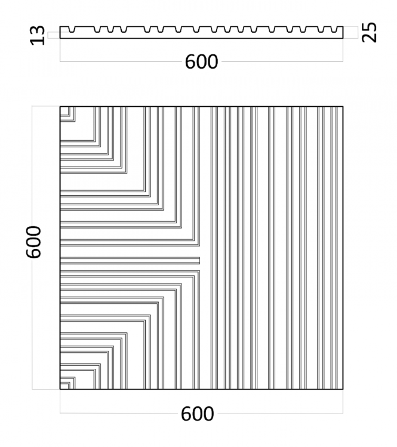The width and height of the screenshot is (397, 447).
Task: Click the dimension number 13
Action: coord(38,35)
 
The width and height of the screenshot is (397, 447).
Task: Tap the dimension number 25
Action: coord(369,32)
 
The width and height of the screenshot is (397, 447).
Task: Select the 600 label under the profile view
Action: coord(202,62)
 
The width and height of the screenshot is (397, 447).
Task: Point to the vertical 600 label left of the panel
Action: coord(34,242)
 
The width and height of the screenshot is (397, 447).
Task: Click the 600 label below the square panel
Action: coord(197,414)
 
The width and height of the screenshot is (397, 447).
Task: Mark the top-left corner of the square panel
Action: coord(60,107)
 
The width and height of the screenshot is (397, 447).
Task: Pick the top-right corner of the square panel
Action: coord(343,107)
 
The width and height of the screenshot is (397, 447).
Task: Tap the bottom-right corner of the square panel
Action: coord(343,389)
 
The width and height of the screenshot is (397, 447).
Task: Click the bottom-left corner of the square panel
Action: coord(60,389)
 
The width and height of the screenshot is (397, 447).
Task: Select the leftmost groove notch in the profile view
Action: coord(72,29)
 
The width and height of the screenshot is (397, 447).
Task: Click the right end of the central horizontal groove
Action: coord(200,261)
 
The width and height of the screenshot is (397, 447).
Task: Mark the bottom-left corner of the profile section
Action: coord(60,38)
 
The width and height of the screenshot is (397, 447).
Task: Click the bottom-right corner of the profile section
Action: coord(343,38)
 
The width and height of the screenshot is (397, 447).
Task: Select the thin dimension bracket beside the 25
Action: coord(358,32)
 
